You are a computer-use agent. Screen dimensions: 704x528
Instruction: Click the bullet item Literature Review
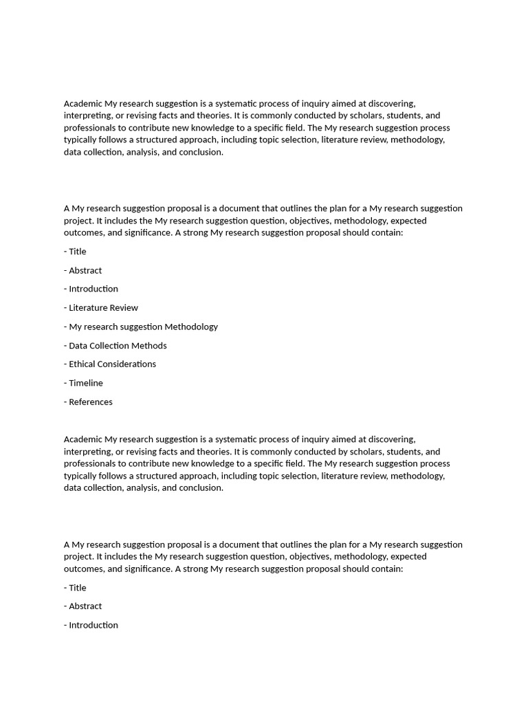point(103,308)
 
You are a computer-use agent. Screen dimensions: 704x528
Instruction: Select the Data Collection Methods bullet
point(118,346)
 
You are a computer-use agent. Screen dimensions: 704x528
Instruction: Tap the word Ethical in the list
point(82,364)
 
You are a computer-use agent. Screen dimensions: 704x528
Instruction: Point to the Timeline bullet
point(85,383)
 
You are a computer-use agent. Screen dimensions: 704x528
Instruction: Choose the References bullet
point(90,402)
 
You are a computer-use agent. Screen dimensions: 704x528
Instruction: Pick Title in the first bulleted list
point(77,252)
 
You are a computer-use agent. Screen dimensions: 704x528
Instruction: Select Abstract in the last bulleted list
point(85,606)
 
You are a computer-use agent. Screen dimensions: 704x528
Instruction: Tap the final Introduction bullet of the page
point(93,625)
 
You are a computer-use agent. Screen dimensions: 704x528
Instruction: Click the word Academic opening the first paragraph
point(83,104)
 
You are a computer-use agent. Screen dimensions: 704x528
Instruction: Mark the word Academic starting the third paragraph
point(83,439)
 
